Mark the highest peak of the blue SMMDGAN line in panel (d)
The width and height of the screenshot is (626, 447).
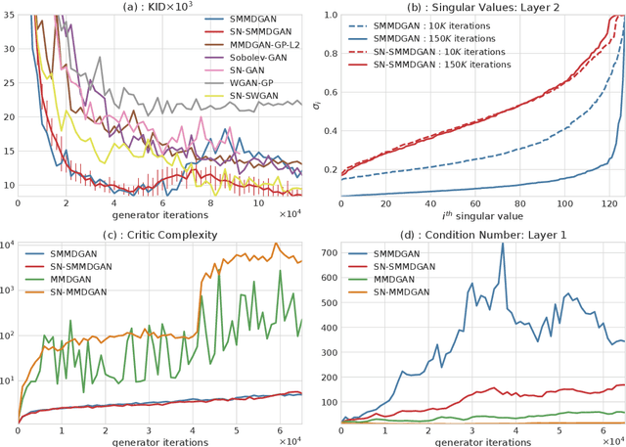tap(503, 244)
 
